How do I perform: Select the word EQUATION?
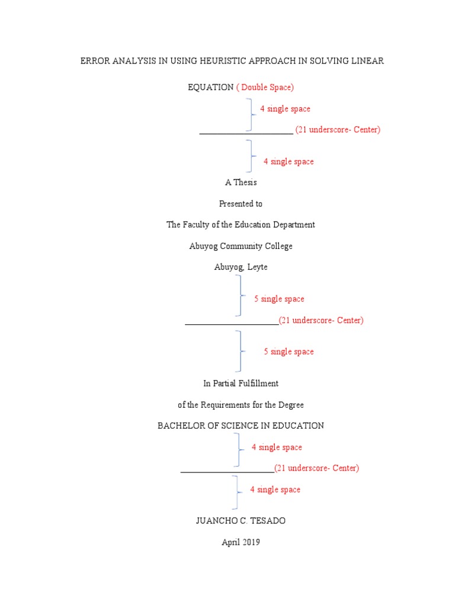[x=211, y=87]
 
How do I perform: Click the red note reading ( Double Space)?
[x=265, y=87]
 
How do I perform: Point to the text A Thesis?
[x=241, y=183]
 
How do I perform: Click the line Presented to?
[x=241, y=204]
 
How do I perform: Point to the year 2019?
[x=251, y=542]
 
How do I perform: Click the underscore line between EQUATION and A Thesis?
[x=246, y=133]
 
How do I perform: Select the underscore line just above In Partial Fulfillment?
[x=232, y=324]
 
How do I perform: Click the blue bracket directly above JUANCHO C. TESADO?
[x=237, y=492]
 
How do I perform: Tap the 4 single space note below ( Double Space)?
[x=285, y=109]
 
